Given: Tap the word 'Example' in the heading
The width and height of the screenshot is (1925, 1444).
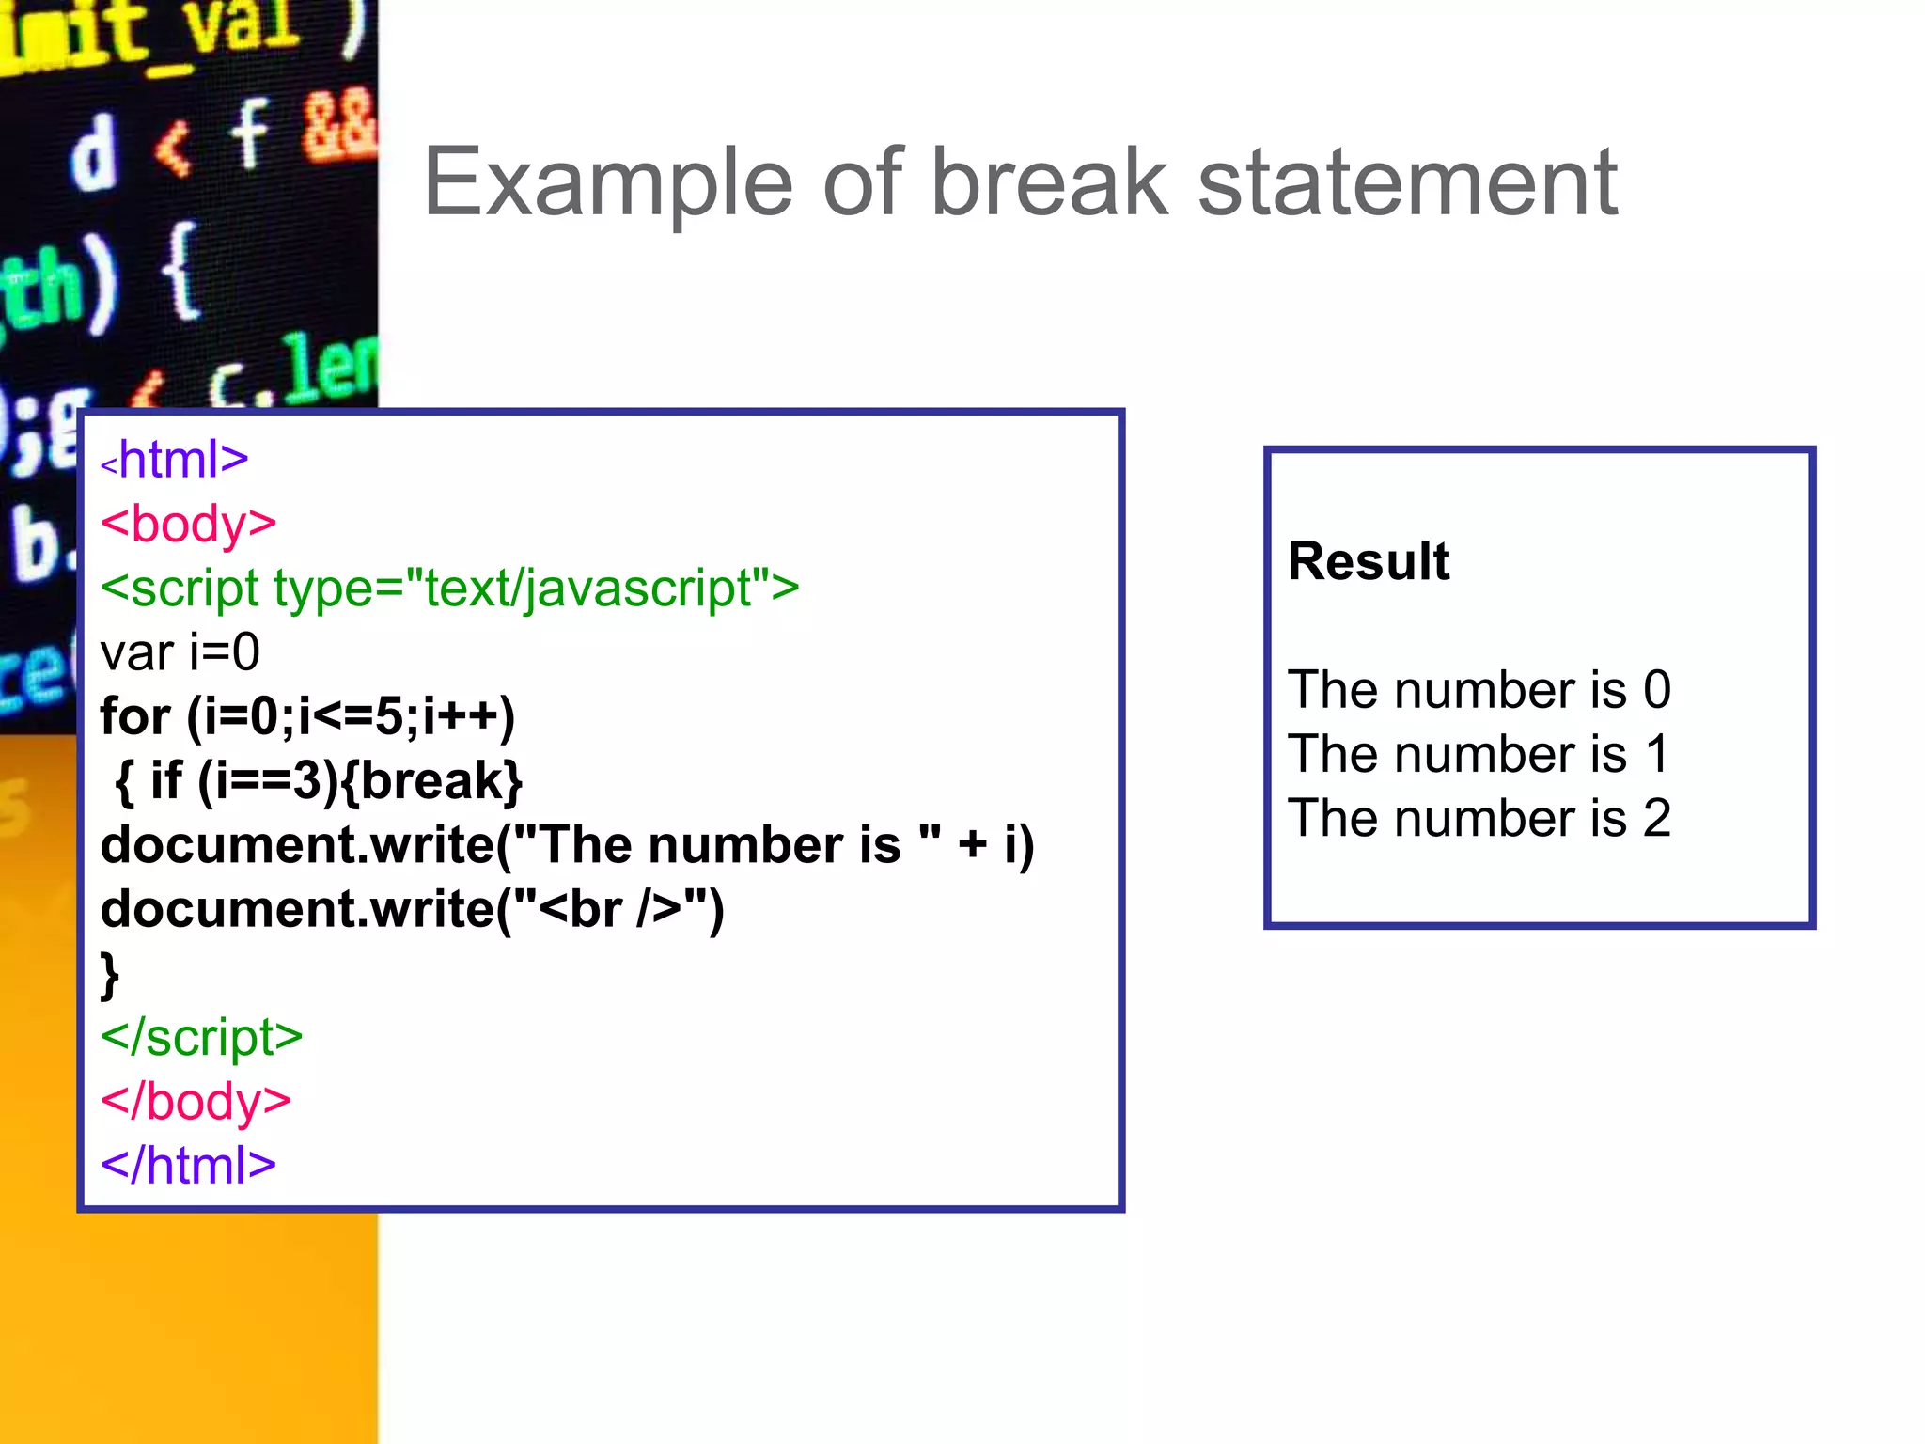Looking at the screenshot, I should (x=607, y=184).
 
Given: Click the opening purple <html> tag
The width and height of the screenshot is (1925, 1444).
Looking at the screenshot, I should (x=175, y=460).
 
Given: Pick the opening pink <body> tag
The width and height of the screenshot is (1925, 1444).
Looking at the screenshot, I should (x=188, y=524).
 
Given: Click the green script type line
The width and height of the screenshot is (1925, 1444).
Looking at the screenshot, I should (x=449, y=589).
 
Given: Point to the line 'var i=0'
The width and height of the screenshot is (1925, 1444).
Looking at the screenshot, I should (x=180, y=652).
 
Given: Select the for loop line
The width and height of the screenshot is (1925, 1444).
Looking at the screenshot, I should (x=307, y=716).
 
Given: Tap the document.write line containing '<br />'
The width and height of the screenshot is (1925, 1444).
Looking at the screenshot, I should (x=412, y=909).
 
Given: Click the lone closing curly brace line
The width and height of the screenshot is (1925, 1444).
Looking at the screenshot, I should (x=110, y=975).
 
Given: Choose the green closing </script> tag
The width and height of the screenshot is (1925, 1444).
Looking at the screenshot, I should (x=201, y=1037).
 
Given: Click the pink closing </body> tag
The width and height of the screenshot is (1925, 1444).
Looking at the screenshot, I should (x=196, y=1101).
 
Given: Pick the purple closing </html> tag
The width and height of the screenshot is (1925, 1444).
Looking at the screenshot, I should (x=188, y=1166).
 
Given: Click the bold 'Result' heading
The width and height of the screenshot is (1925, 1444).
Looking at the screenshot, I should (x=1369, y=561).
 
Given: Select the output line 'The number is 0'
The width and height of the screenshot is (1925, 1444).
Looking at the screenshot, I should (x=1479, y=690).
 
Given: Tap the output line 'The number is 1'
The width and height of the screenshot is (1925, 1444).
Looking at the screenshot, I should (x=1479, y=754).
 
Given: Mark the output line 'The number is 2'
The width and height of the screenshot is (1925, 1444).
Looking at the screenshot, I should (x=1479, y=818).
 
